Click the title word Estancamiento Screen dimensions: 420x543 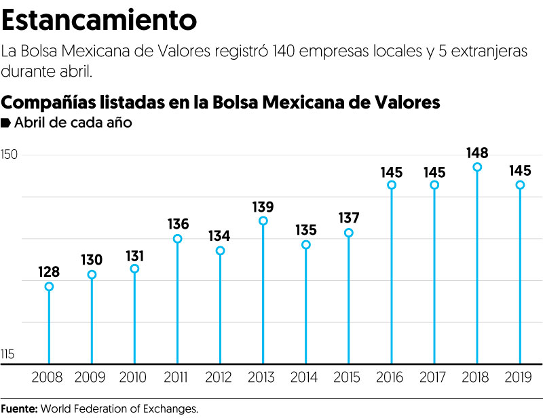100,20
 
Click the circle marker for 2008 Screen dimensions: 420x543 49,286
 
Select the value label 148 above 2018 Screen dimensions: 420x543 477,153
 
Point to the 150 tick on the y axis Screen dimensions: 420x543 10,155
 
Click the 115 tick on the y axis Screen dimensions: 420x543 8,354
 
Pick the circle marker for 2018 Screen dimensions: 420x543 477,167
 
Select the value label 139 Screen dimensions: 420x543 263,206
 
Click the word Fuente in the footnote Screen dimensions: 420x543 19,409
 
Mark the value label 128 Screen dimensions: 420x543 49,272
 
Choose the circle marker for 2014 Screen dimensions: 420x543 305,244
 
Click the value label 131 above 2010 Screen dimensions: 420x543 134,254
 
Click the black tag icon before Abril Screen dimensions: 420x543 6,123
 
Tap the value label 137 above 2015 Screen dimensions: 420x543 348,218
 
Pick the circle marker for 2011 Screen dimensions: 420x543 177,239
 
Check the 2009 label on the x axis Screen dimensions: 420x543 92,377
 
